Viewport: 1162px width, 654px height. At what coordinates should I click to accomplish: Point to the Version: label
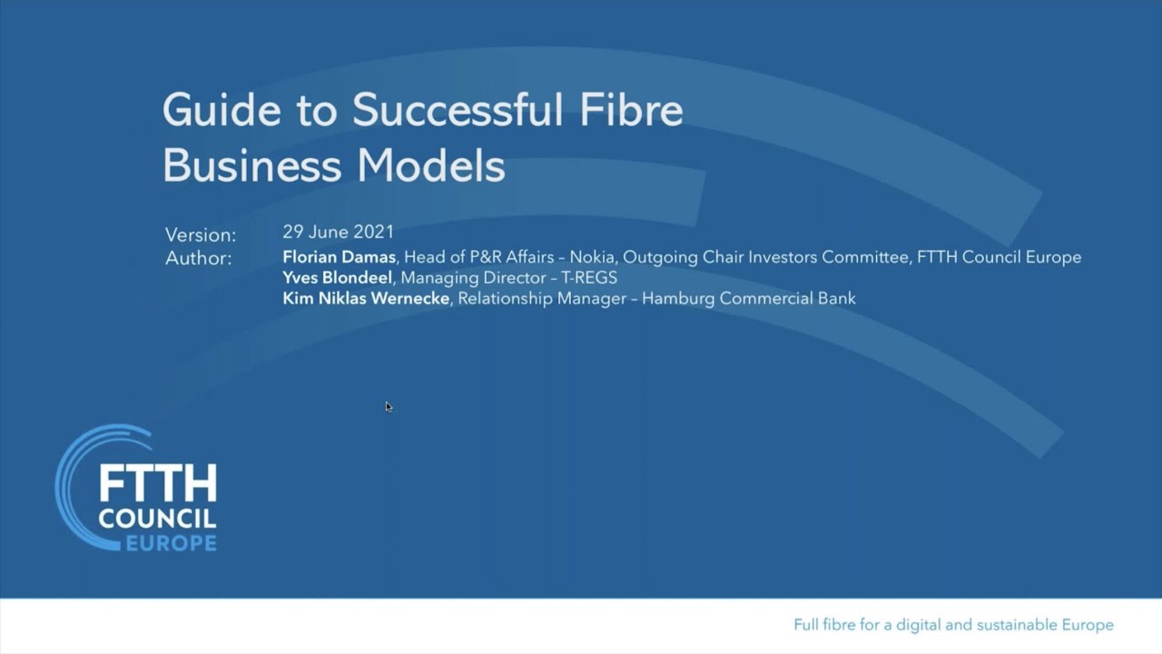201,234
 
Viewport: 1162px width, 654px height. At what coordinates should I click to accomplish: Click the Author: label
198,258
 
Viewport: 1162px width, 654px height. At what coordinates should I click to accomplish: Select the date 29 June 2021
338,232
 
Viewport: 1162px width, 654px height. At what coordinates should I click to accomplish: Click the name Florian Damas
339,257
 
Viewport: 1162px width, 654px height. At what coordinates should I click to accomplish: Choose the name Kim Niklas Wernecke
366,298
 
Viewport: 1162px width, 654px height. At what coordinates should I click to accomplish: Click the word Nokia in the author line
591,257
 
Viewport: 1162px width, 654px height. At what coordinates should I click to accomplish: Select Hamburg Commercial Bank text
748,298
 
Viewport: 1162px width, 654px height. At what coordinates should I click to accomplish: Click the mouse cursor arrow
388,406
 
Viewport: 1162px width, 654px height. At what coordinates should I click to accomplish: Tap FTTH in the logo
157,484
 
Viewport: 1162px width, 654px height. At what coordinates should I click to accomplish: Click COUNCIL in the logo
157,520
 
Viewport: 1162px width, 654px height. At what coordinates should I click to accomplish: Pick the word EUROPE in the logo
171,543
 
